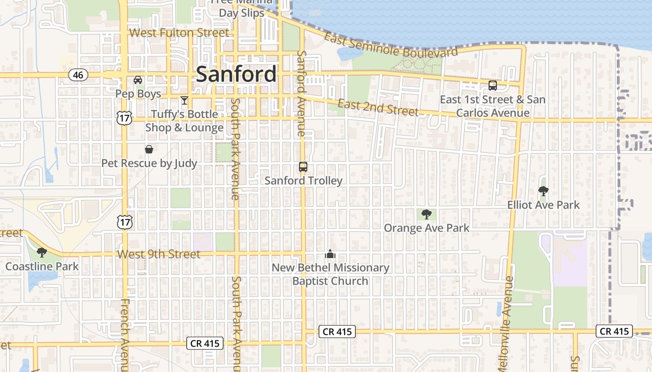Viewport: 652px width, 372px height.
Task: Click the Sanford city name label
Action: [x=236, y=74]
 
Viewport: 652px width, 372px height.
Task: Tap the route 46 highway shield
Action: [x=78, y=75]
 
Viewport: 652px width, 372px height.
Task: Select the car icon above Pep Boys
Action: [x=138, y=80]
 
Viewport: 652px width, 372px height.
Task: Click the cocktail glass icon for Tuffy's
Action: [x=184, y=100]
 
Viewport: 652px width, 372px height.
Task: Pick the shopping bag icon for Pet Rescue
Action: [x=149, y=149]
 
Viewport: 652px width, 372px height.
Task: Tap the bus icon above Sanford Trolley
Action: [x=303, y=167]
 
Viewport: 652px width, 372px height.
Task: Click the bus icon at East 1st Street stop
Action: [x=492, y=86]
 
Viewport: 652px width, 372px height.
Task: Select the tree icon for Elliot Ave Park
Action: [x=543, y=191]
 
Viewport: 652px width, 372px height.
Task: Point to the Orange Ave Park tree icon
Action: [x=426, y=214]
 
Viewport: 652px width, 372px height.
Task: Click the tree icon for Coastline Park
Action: [x=41, y=252]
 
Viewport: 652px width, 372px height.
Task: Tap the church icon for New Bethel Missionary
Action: [x=330, y=254]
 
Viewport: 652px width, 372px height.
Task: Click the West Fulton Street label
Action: [x=179, y=33]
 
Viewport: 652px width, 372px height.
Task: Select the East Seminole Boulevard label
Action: [x=391, y=46]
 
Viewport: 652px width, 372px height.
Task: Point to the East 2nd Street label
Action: [x=378, y=107]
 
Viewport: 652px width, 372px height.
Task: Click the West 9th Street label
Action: [x=159, y=254]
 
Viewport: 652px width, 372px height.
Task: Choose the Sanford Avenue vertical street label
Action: [x=301, y=93]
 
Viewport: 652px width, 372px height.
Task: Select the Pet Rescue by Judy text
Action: [x=149, y=164]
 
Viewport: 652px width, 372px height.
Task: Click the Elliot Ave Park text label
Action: [x=543, y=205]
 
